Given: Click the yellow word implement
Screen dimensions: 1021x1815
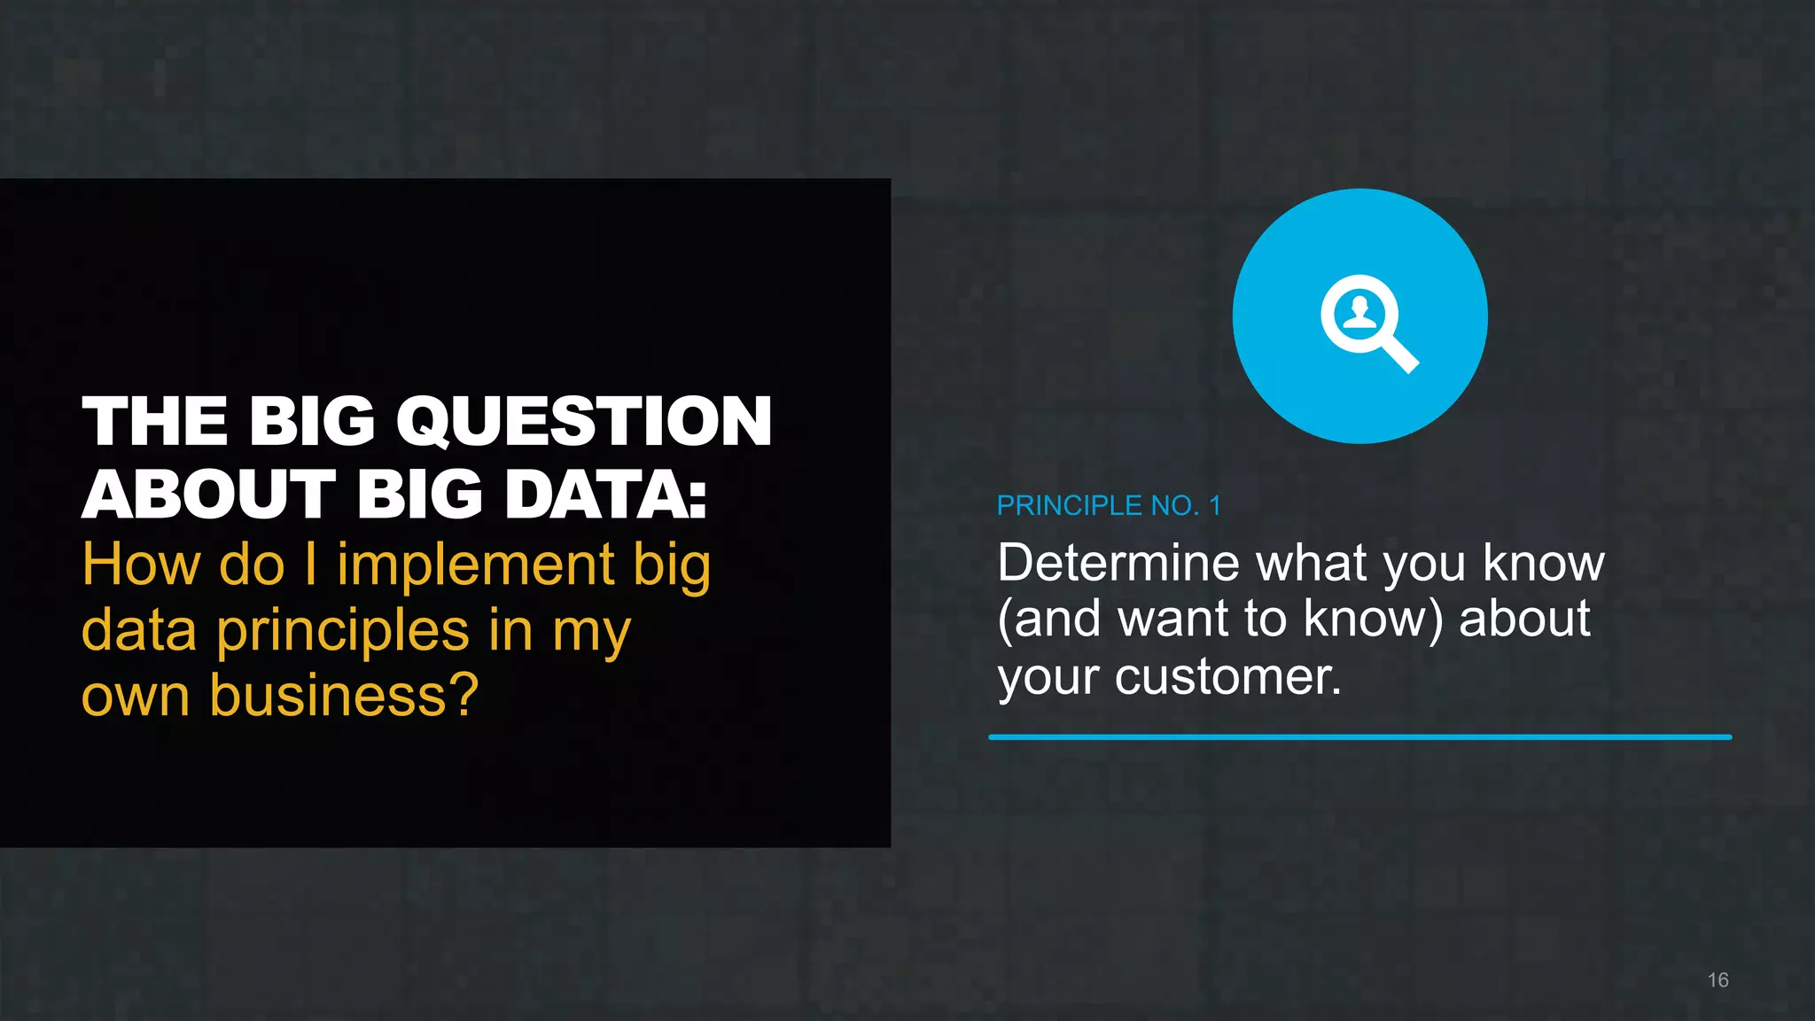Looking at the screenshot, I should (x=476, y=565).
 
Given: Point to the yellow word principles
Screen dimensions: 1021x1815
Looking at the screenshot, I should (x=343, y=632).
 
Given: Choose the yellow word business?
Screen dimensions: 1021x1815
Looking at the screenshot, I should (x=344, y=696).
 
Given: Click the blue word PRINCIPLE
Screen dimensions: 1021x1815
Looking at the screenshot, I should (x=1069, y=506).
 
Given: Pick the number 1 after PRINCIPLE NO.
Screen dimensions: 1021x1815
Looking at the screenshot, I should (x=1214, y=506).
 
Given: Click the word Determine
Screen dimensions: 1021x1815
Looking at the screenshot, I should (x=1118, y=564).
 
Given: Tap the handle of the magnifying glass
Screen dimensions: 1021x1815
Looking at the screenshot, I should (x=1400, y=354).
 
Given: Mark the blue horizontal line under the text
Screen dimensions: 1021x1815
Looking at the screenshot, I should (x=1359, y=737).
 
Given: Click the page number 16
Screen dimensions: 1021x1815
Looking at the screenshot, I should (x=1718, y=980).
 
